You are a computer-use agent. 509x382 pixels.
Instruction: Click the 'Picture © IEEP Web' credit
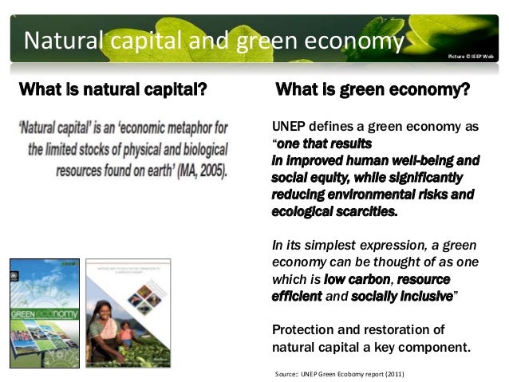coord(471,56)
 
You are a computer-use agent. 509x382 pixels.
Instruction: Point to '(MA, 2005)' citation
coord(199,170)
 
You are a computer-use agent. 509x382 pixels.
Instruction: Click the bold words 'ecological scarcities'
coord(333,212)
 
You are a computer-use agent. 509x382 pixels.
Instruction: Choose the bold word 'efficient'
coord(296,295)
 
